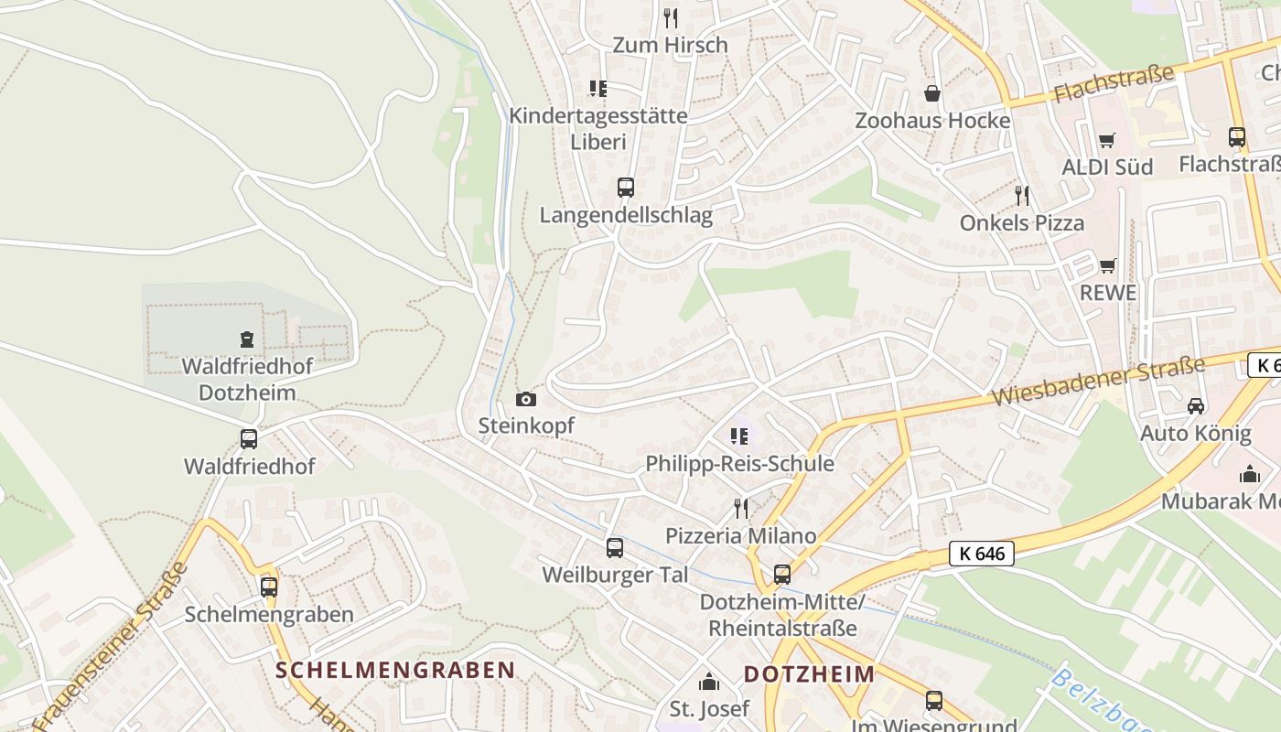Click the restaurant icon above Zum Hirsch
tap(671, 17)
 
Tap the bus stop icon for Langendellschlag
tap(626, 188)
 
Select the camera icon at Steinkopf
tap(526, 399)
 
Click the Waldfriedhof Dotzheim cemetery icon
tap(246, 339)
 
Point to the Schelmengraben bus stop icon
tap(269, 587)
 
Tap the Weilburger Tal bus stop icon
tap(615, 548)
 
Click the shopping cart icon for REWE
tap(1108, 265)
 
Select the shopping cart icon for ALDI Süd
tap(1107, 140)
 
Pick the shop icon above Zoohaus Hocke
tap(932, 93)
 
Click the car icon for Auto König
tap(1196, 405)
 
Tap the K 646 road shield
tap(982, 554)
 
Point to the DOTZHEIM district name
tap(809, 674)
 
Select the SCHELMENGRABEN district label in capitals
tap(395, 670)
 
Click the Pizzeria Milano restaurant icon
tap(741, 508)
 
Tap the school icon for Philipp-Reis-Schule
tap(739, 436)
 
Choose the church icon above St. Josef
tap(709, 682)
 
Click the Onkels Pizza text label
tap(1022, 222)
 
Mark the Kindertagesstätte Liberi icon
tap(598, 89)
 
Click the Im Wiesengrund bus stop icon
tap(934, 701)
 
